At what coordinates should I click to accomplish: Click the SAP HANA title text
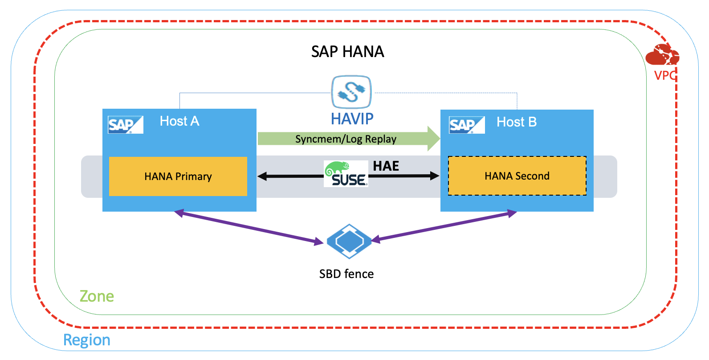[x=347, y=52]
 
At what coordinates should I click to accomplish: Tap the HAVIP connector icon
[x=351, y=92]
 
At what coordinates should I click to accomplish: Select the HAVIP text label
[x=352, y=119]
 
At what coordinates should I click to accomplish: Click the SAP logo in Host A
[x=125, y=125]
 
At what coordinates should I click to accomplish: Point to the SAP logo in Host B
[x=466, y=125]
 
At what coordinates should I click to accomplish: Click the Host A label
[x=179, y=121]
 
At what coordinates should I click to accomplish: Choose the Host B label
[x=517, y=122]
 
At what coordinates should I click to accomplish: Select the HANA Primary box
[x=178, y=176]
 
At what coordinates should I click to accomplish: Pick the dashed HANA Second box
[x=517, y=176]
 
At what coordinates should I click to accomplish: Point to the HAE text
[x=386, y=166]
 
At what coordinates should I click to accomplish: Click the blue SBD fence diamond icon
[x=349, y=241]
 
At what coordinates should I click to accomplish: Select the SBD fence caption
[x=346, y=274]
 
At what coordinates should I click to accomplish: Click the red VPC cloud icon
[x=662, y=55]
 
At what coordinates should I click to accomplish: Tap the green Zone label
[x=97, y=296]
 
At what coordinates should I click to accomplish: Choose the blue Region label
[x=87, y=340]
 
